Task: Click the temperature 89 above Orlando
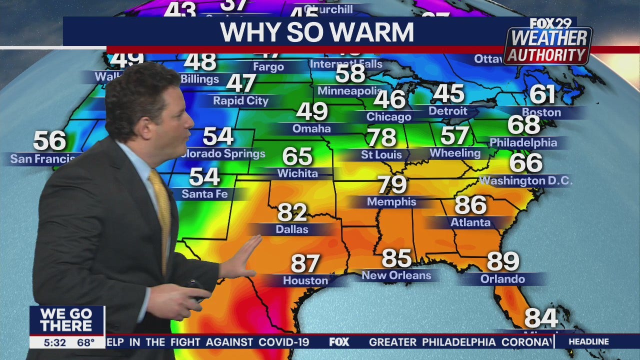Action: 503,261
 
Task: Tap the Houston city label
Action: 305,280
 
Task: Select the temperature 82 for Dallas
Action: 292,212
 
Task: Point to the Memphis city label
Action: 391,202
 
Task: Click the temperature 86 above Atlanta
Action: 470,205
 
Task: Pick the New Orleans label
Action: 396,275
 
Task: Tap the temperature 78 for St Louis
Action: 381,137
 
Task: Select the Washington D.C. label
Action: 525,180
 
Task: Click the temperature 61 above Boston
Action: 542,94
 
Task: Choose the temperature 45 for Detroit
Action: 448,93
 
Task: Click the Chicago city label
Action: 389,117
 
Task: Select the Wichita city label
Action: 297,173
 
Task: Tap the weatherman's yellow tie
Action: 161,210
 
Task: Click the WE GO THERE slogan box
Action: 66,320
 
